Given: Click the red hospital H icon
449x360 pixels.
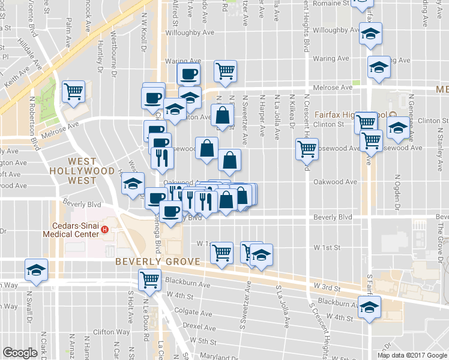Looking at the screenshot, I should click(106, 229).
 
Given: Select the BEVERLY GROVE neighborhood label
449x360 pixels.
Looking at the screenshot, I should click(152, 262).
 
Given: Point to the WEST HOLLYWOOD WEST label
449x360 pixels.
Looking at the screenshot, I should click(91, 170).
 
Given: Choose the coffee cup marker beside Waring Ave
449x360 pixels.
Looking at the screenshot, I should click(188, 74).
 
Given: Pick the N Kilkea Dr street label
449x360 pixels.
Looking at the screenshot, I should click(292, 111).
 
